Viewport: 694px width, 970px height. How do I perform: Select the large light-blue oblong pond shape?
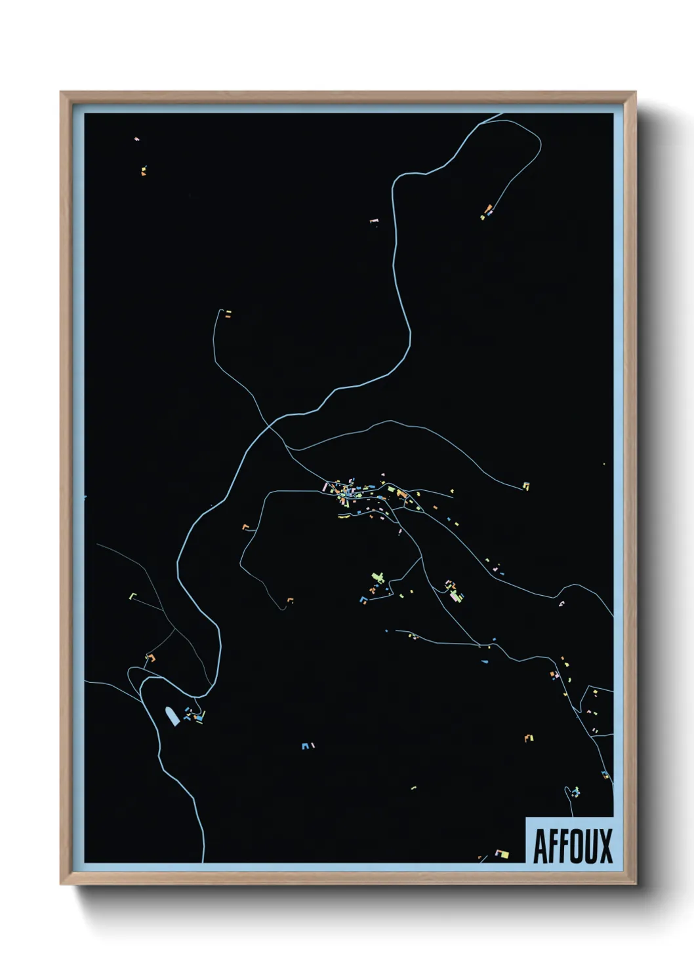pos(172,716)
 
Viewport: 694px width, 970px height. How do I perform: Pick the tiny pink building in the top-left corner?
pos(136,139)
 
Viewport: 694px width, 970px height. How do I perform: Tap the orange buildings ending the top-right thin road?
pos(487,211)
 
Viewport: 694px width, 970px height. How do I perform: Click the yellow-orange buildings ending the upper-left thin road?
pos(228,314)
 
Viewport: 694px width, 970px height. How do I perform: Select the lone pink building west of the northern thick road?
pos(374,222)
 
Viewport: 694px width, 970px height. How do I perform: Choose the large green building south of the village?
pos(377,577)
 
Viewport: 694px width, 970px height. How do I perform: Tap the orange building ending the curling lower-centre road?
pos(290,600)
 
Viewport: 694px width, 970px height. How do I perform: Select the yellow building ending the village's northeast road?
pos(525,486)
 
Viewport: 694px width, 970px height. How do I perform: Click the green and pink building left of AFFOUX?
pos(502,853)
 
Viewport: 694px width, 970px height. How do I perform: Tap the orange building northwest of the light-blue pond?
pos(150,657)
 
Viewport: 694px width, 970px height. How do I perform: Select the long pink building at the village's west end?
pos(325,486)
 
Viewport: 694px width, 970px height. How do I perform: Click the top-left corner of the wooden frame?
pos(61,92)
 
